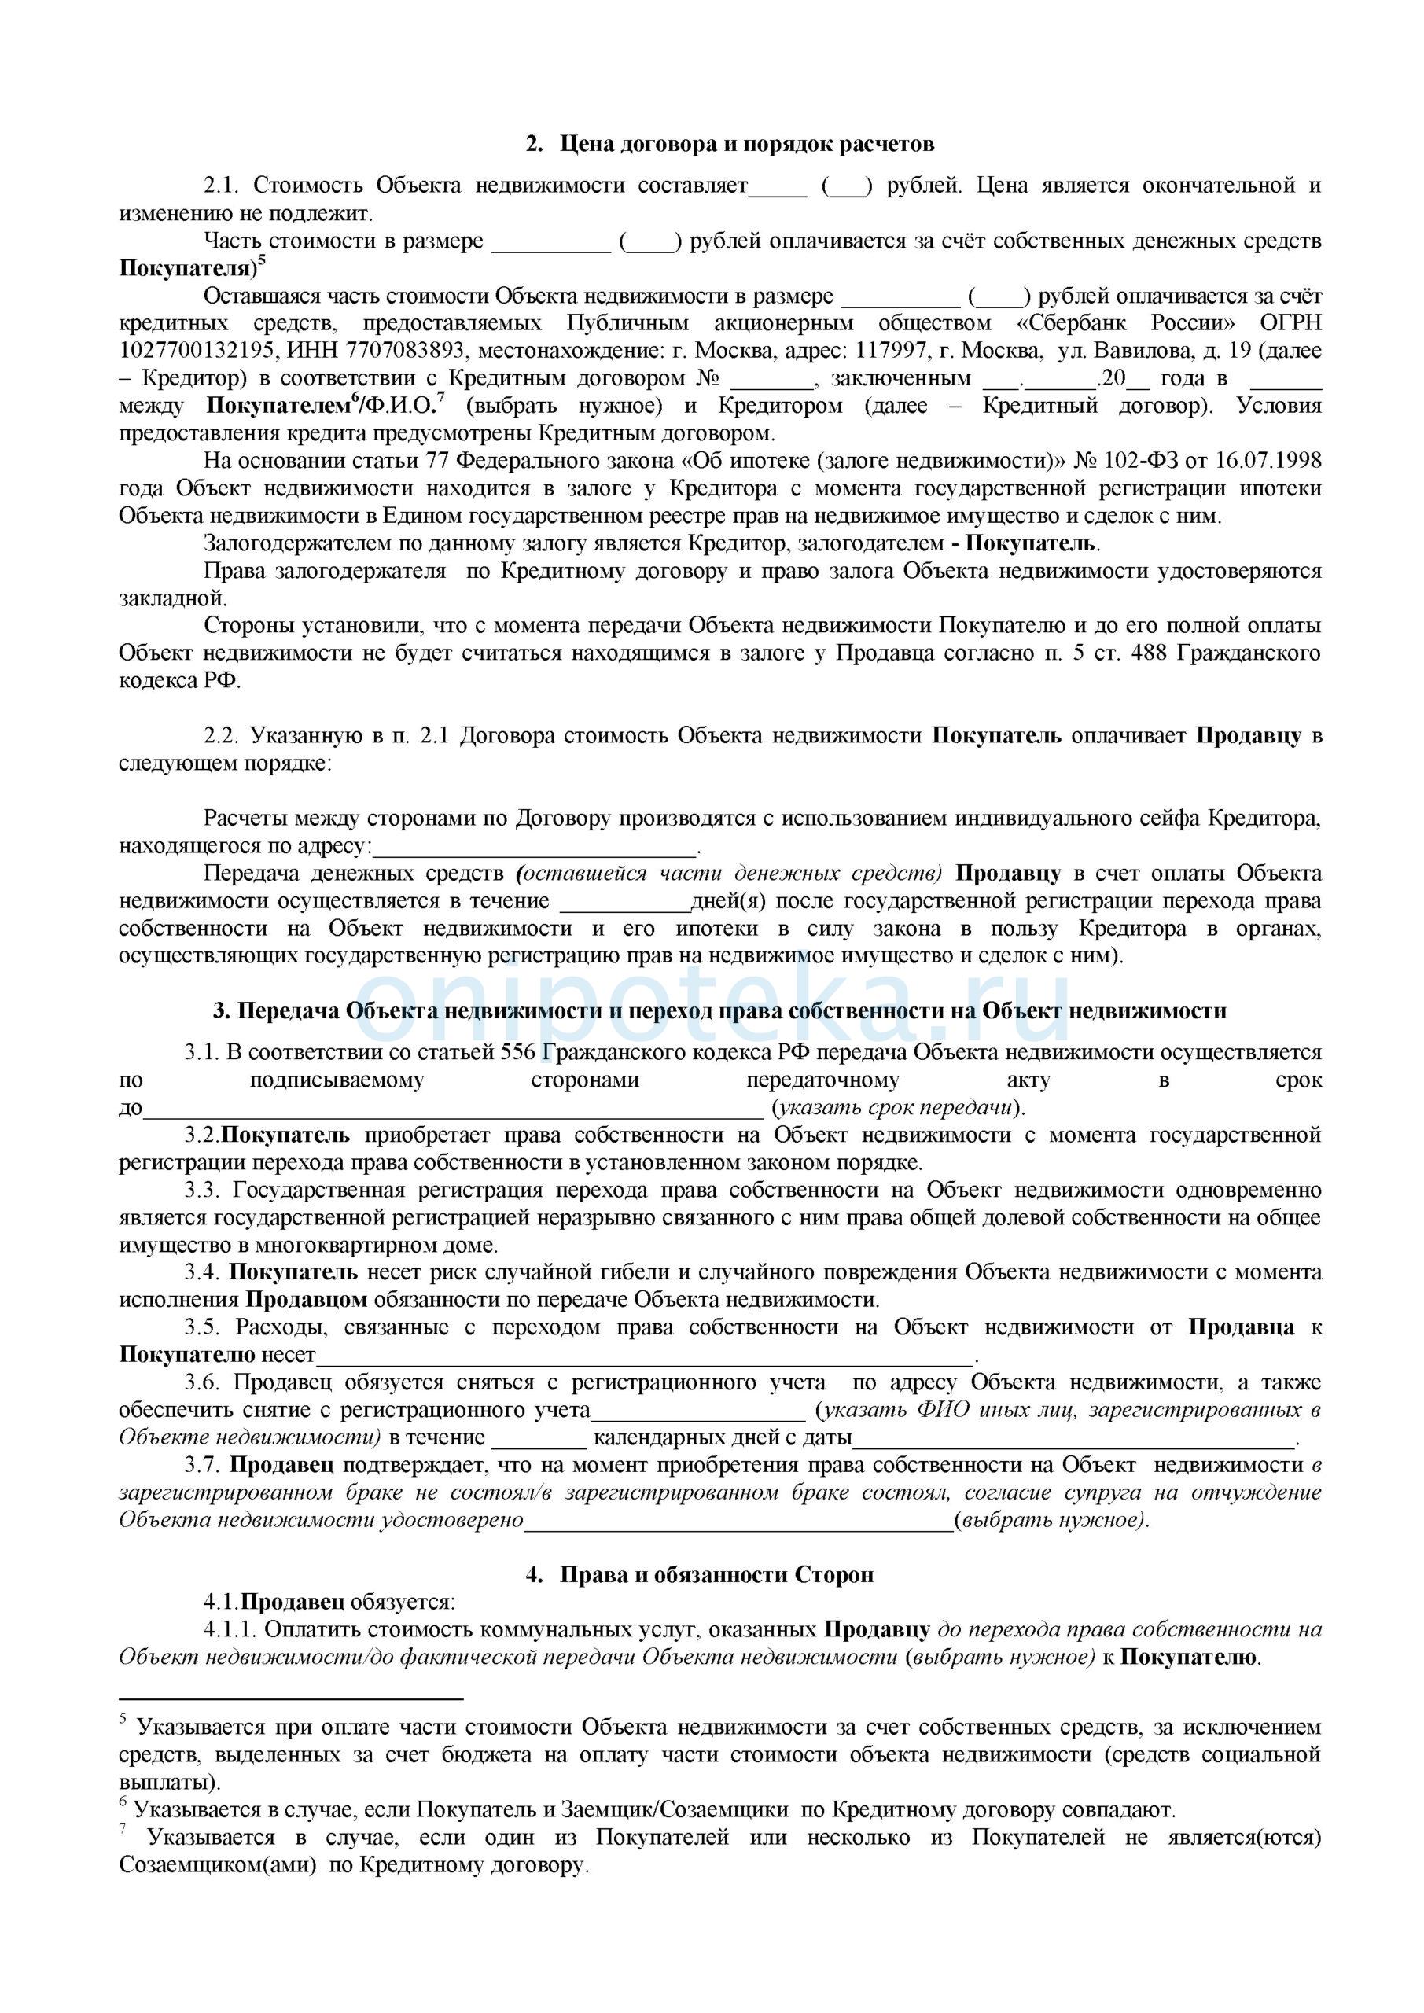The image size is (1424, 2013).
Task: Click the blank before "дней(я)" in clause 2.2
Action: coord(624,902)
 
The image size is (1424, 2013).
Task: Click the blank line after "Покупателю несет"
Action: coord(645,1355)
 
